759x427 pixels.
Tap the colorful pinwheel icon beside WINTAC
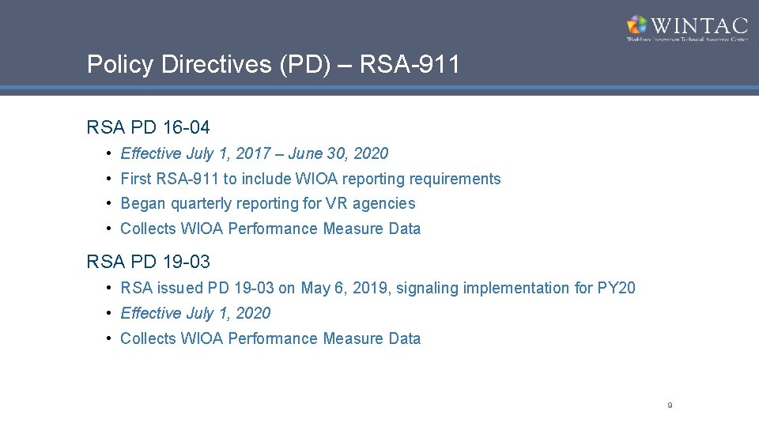pos(637,25)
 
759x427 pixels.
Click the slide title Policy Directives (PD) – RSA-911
pos(273,64)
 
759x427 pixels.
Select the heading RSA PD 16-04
pos(148,127)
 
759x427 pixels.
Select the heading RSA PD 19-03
pos(148,261)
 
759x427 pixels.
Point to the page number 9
pos(670,405)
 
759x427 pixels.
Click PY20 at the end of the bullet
pos(617,288)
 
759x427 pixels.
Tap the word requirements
pos(455,179)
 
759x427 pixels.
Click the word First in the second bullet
pos(135,179)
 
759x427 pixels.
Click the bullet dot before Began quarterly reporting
pos(108,203)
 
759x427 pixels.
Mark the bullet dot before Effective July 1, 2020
pos(108,313)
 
